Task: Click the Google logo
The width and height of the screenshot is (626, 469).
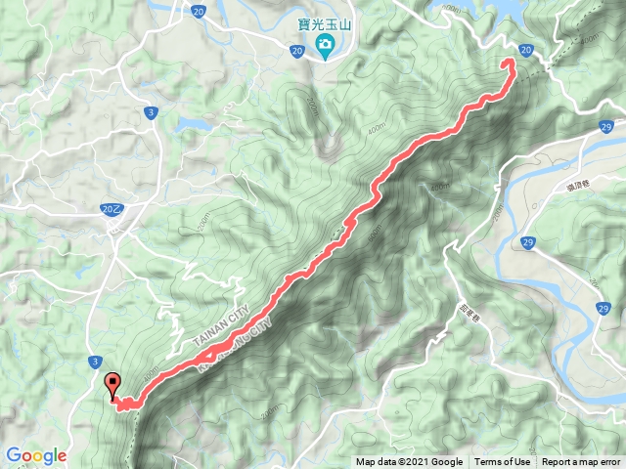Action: [x=36, y=455]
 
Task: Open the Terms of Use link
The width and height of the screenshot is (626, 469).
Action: [x=502, y=462]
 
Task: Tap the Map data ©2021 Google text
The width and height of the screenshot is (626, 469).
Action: [x=409, y=462]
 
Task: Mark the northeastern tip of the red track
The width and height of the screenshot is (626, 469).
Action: [x=510, y=63]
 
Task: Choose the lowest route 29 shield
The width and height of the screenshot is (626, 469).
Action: [x=603, y=308]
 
